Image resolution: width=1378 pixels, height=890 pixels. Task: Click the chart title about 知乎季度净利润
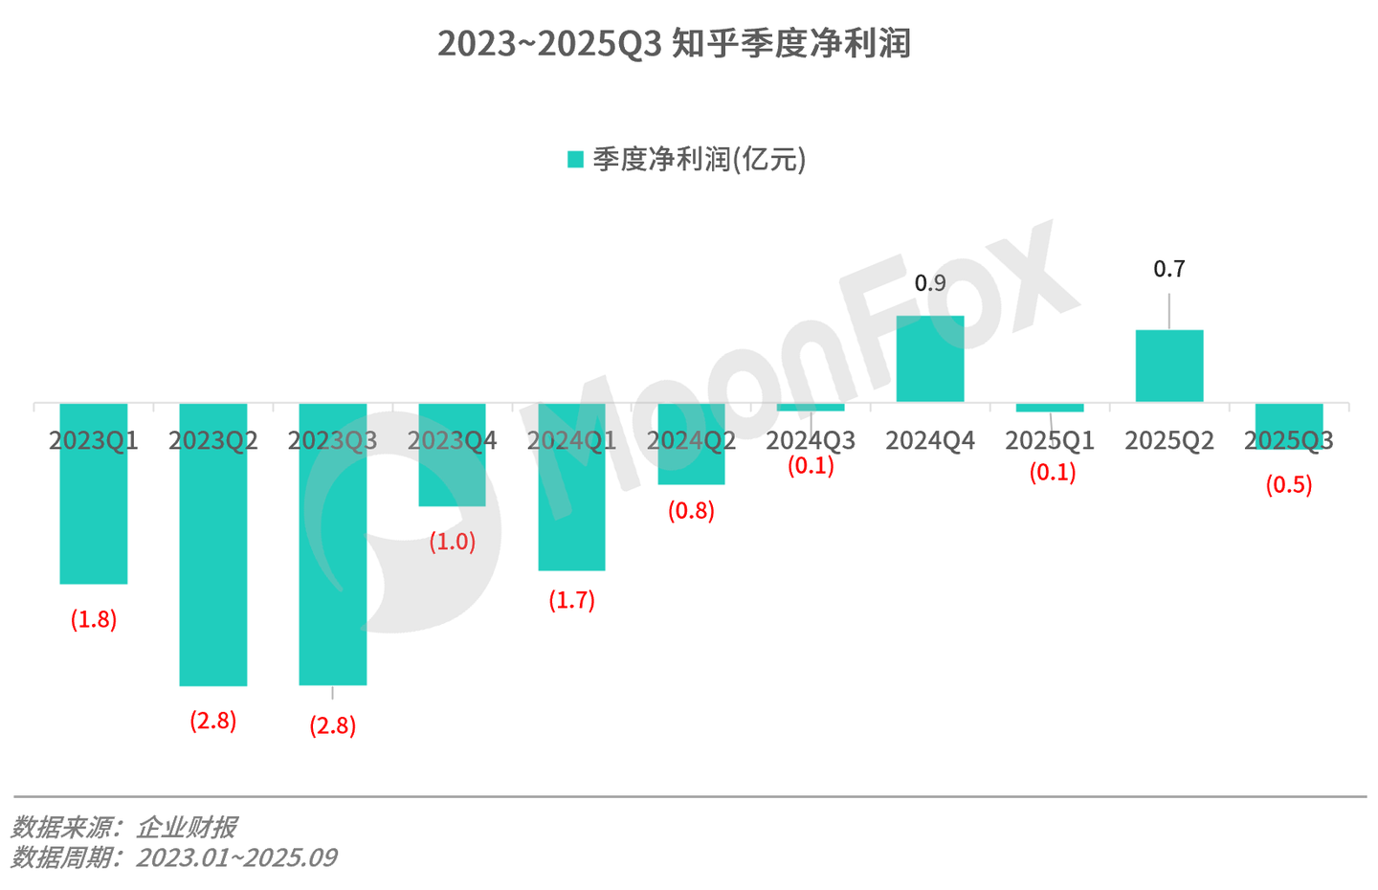tap(674, 44)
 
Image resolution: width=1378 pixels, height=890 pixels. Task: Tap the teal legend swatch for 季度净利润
tap(575, 160)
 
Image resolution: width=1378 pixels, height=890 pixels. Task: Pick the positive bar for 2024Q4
tap(930, 359)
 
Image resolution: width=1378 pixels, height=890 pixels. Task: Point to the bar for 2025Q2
tap(1169, 366)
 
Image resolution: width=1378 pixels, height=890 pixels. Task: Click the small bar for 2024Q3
tap(811, 408)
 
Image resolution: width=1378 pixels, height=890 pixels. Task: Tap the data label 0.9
tap(930, 283)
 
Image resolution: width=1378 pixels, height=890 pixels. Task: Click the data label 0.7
tap(1169, 270)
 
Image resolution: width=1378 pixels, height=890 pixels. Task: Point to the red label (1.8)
tap(94, 619)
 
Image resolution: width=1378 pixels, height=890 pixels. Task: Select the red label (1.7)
tap(571, 600)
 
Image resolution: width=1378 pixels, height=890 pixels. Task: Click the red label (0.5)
tap(1288, 485)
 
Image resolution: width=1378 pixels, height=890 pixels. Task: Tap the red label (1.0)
tap(452, 542)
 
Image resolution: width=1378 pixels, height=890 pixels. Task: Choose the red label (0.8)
tap(691, 511)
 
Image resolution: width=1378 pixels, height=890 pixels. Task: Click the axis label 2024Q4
tap(930, 440)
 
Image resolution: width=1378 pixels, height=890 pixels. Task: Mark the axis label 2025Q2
tap(1169, 440)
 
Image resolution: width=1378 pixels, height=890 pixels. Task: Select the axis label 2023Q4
tap(452, 440)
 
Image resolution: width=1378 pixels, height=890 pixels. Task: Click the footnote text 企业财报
tap(187, 827)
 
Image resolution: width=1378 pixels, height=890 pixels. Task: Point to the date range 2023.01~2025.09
tap(236, 857)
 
